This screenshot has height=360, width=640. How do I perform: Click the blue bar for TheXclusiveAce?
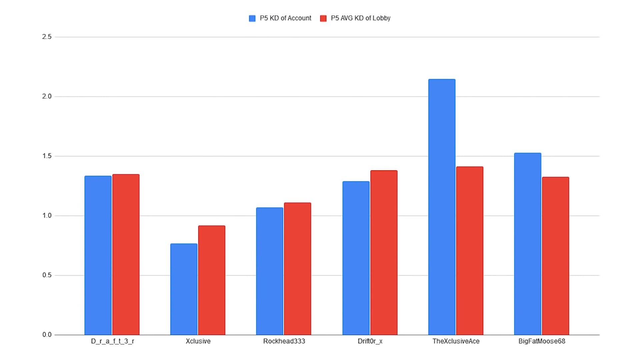coord(442,207)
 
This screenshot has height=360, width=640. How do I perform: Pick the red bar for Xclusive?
coord(212,280)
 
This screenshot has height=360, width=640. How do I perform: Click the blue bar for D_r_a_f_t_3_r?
coord(98,255)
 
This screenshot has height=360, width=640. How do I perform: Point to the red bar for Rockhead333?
coord(297,269)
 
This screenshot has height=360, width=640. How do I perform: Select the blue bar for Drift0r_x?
coord(356,258)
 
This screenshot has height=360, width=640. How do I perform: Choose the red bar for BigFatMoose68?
coord(555,256)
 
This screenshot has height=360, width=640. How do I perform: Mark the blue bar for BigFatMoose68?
coord(527,244)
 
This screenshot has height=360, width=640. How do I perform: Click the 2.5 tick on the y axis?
coord(47,37)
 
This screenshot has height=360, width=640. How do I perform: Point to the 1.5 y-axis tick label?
coord(47,156)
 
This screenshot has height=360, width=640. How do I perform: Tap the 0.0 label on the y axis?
coord(47,335)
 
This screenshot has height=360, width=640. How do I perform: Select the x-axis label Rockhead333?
coord(284,341)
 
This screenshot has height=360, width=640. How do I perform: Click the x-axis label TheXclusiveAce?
coord(456,341)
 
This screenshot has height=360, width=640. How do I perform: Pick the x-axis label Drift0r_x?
coord(370,341)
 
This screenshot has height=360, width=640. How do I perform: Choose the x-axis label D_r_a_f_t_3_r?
coord(112,341)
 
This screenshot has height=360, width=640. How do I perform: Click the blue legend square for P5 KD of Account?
coord(252,18)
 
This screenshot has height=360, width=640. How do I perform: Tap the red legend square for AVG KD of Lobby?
coord(323,18)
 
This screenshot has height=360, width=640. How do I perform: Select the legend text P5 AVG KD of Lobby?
coord(360,18)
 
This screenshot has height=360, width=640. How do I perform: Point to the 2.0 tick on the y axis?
coord(47,96)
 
